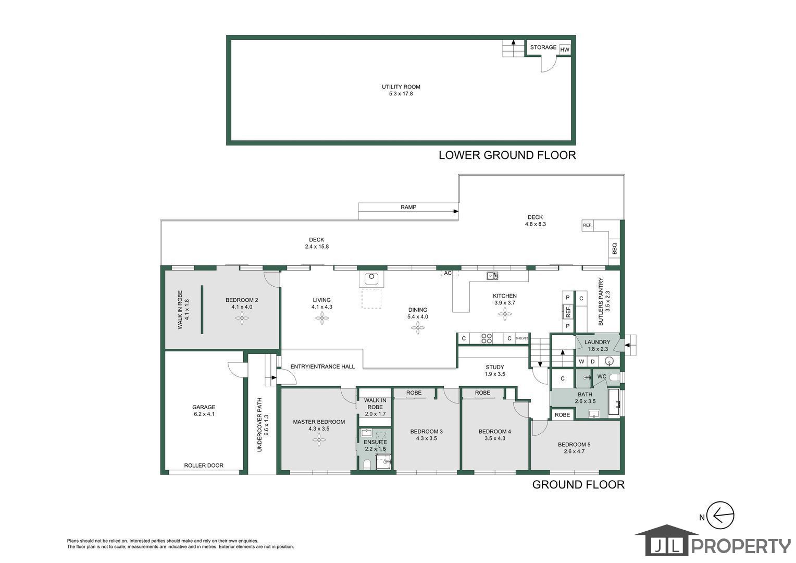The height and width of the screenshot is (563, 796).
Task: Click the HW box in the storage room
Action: tap(565, 50)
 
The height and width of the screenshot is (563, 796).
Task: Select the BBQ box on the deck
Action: tap(614, 248)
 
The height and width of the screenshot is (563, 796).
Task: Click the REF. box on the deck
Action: tap(588, 225)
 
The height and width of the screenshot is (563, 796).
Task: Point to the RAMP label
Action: tap(408, 207)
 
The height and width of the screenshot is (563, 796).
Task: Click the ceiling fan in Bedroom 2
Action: tap(242, 318)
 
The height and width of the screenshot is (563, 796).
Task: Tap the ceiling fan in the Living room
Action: tap(322, 318)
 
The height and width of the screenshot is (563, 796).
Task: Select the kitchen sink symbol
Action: tap(492, 276)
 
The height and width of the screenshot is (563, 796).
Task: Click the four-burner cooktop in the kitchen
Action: tap(487, 338)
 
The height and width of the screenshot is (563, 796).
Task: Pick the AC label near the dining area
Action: tap(448, 273)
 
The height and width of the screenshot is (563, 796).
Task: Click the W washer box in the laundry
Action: tap(581, 362)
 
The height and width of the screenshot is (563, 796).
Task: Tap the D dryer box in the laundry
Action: tap(592, 362)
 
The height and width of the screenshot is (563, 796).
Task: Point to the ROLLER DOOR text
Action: tap(204, 465)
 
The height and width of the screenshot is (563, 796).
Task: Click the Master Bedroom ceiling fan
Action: tap(319, 440)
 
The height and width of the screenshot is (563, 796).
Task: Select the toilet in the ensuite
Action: tap(367, 464)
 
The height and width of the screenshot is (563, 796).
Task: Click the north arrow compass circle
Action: tap(720, 515)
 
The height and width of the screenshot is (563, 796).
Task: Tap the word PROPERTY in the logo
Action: tap(741, 546)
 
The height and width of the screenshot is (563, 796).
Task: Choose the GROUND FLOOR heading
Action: tap(578, 485)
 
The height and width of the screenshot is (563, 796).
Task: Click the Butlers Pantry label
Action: tap(604, 301)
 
